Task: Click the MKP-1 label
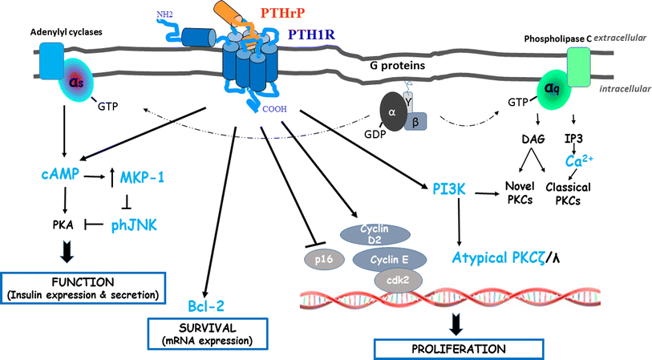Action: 140,174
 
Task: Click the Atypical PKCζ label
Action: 500,257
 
